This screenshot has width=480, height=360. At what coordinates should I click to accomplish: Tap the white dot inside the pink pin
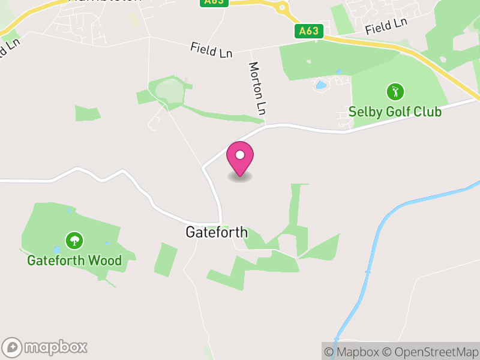click(240, 155)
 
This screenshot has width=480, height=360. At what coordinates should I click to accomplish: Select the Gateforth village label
click(217, 232)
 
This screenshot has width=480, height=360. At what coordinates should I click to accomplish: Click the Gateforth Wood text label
click(74, 260)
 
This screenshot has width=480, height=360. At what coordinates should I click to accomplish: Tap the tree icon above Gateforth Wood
click(74, 241)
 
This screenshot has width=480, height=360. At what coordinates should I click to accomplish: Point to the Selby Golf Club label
click(395, 112)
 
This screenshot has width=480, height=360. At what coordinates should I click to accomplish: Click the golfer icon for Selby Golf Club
click(395, 92)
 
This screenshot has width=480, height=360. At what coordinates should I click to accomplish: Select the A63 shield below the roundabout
click(310, 31)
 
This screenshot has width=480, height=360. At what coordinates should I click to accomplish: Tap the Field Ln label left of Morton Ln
click(211, 50)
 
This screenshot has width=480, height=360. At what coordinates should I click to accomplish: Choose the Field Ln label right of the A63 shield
click(386, 26)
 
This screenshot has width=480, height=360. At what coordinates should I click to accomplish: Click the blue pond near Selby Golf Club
click(321, 85)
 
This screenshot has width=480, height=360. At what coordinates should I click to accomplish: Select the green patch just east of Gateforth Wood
click(166, 260)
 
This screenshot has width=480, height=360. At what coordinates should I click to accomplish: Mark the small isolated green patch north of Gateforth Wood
click(88, 113)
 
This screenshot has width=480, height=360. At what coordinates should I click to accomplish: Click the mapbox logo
click(46, 347)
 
